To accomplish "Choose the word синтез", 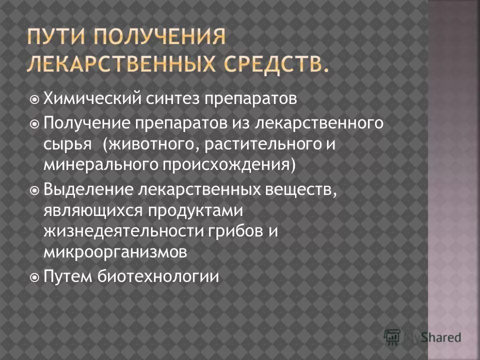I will tap(165, 99).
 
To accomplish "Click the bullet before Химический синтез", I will tap(34, 99).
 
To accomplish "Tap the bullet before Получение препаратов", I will tap(34, 123).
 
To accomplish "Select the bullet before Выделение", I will tap(34, 189).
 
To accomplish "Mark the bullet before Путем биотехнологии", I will tap(34, 276).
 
